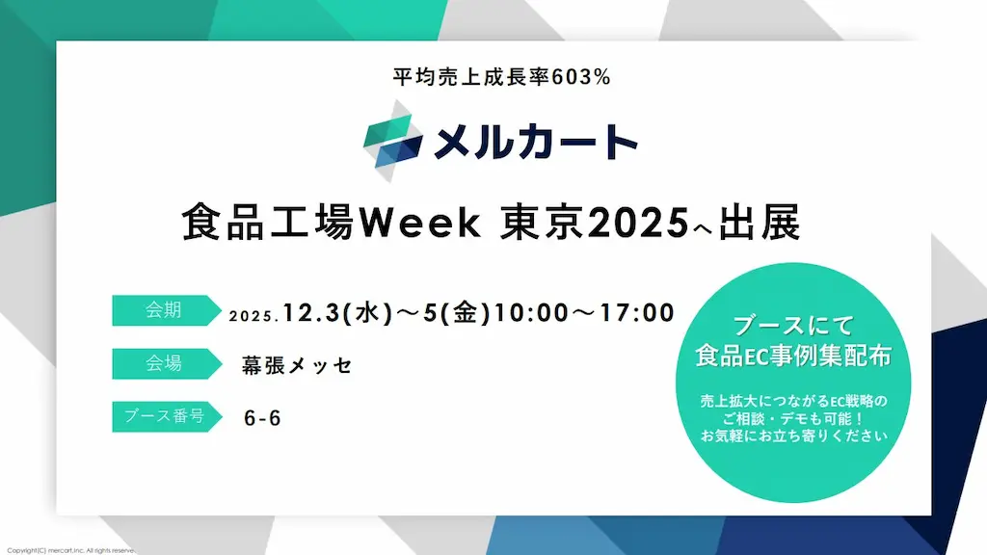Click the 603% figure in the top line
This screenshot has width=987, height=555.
click(x=582, y=78)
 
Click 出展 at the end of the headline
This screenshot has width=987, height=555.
click(x=762, y=225)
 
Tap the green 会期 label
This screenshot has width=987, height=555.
click(x=163, y=310)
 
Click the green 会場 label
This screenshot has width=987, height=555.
click(x=163, y=363)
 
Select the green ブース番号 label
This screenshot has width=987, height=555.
click(x=163, y=416)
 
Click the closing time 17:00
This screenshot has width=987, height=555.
click(x=636, y=313)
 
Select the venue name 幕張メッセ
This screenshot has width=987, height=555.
click(x=297, y=366)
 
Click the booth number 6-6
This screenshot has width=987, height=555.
click(x=263, y=419)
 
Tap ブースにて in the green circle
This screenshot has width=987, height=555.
click(x=793, y=325)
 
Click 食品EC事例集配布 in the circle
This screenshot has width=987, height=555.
click(x=793, y=356)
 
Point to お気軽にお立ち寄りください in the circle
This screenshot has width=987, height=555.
click(x=793, y=435)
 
